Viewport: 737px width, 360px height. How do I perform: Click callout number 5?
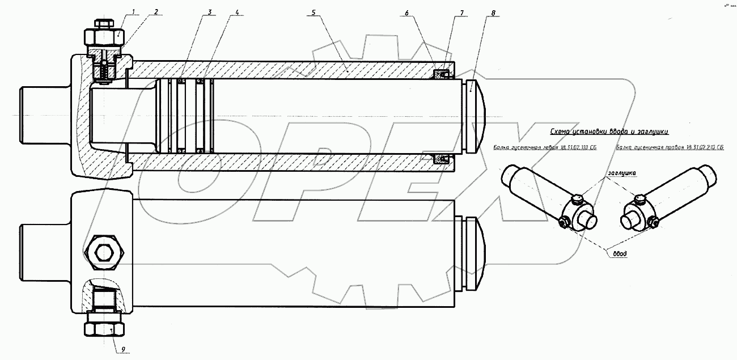(x=312, y=11)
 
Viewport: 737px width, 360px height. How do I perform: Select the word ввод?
(x=619, y=254)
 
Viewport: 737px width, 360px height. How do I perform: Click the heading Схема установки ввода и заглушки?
(x=609, y=132)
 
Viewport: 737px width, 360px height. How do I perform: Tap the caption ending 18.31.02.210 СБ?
(x=670, y=148)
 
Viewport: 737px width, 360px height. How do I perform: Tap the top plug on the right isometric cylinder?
(x=639, y=198)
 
